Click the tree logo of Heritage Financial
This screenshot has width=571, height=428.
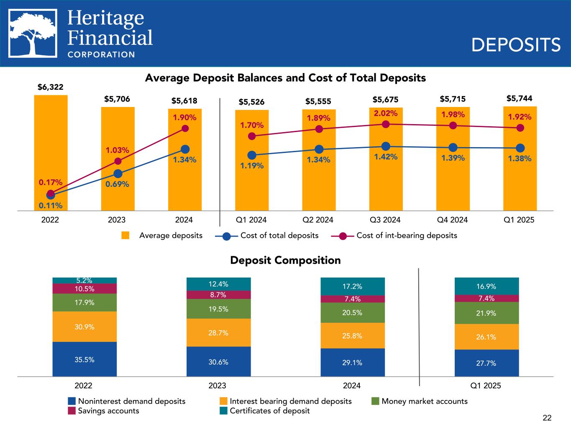pyautogui.click(x=33, y=33)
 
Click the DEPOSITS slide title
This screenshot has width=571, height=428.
pyautogui.click(x=516, y=45)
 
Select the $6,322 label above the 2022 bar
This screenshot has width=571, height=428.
pyautogui.click(x=50, y=87)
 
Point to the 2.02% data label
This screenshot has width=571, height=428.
pyautogui.click(x=386, y=113)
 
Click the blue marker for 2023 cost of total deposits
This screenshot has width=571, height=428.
pyautogui.click(x=118, y=173)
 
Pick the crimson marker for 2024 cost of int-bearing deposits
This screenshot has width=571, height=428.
pyautogui.click(x=185, y=128)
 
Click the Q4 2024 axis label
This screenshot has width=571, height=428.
pyautogui.click(x=452, y=220)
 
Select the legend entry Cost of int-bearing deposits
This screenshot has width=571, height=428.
pyautogui.click(x=406, y=235)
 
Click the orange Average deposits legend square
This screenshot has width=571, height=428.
pyautogui.click(x=125, y=235)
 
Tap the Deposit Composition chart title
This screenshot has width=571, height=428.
pyautogui.click(x=285, y=260)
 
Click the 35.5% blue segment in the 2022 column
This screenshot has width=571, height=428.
pyautogui.click(x=84, y=359)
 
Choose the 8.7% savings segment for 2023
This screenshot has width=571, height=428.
pyautogui.click(x=218, y=295)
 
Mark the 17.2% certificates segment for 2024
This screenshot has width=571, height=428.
pyautogui.click(x=352, y=286)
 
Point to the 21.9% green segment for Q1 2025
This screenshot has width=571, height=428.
pyautogui.click(x=487, y=313)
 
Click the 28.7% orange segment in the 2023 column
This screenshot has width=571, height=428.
pyautogui.click(x=218, y=333)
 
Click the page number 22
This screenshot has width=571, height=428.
pyautogui.click(x=547, y=418)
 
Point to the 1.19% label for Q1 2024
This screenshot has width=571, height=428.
pyautogui.click(x=252, y=166)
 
